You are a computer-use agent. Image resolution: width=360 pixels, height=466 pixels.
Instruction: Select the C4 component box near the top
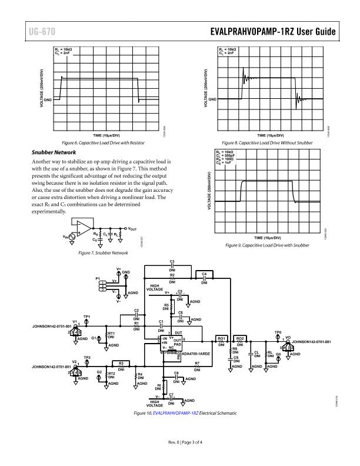pos(204,275)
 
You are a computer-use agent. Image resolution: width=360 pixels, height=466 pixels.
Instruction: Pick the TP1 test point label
pos(87,317)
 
